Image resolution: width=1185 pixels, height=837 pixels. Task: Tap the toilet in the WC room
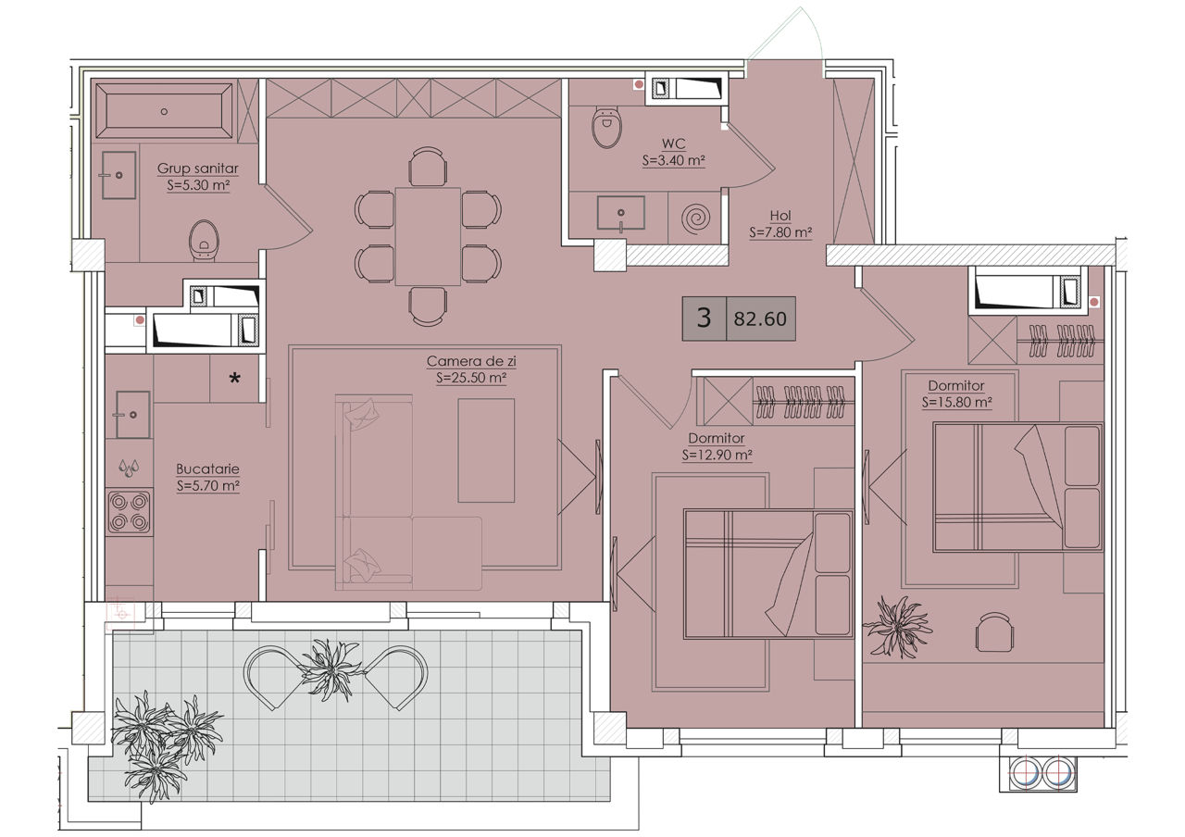click(x=606, y=127)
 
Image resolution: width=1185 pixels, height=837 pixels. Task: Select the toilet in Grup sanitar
click(x=204, y=241)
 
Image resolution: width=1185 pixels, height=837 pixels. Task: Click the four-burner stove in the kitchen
click(x=129, y=512)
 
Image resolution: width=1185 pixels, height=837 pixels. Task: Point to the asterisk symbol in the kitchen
click(x=234, y=379)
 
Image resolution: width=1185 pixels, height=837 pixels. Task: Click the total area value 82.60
click(x=760, y=319)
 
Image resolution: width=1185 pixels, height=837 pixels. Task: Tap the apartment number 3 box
click(x=705, y=318)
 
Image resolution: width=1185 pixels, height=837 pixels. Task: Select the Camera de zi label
click(x=471, y=361)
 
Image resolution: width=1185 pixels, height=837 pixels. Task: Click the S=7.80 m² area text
click(x=780, y=232)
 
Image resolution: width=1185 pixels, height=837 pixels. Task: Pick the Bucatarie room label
click(x=207, y=468)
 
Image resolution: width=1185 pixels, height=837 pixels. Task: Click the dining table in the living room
click(x=428, y=236)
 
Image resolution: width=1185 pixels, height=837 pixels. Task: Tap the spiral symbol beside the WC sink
click(x=695, y=218)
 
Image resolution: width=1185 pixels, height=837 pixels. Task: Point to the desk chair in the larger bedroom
click(x=994, y=631)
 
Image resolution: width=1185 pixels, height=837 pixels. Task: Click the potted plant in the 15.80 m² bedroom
click(x=898, y=628)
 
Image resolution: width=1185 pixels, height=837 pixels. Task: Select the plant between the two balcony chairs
click(x=331, y=669)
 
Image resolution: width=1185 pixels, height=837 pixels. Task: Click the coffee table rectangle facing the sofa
click(x=486, y=450)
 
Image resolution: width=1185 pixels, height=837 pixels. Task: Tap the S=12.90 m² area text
click(x=717, y=455)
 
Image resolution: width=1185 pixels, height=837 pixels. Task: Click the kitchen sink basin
click(x=132, y=415)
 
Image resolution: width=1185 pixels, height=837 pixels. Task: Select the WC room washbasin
click(x=620, y=213)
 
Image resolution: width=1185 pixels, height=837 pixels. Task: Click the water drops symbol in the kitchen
click(x=129, y=468)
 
